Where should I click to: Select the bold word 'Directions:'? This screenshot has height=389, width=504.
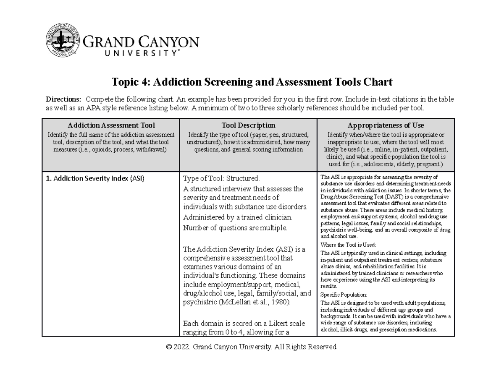tap(63, 99)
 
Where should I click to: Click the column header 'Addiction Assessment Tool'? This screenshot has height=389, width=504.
tap(110, 125)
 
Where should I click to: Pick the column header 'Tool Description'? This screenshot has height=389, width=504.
tap(249, 125)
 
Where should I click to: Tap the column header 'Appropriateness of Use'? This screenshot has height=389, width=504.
tap(386, 125)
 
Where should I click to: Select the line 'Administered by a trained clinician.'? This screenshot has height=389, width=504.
tap(238, 217)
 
